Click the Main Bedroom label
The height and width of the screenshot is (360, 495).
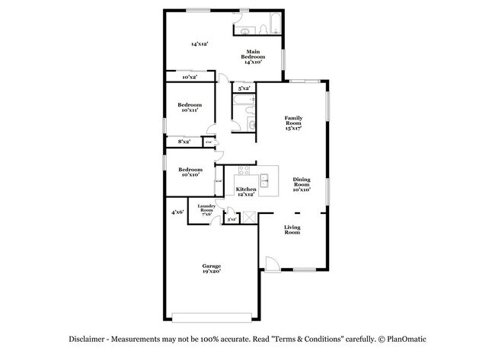click(x=253, y=57)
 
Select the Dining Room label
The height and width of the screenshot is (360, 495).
click(x=302, y=183)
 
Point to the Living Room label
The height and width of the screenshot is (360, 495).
click(x=293, y=230)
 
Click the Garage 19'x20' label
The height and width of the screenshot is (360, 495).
click(x=212, y=269)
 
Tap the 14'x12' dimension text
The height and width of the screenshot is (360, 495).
click(x=200, y=44)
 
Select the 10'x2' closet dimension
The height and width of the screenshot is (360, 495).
click(x=190, y=78)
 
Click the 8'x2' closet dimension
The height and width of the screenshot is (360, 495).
click(x=184, y=142)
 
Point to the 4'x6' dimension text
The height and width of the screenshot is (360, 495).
click(x=177, y=212)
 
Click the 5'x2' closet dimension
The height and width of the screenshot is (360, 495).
click(x=244, y=89)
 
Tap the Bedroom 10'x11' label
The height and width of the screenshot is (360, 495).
click(x=190, y=107)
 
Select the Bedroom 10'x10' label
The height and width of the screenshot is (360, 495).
click(x=190, y=172)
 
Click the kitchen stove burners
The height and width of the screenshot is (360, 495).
click(x=244, y=170)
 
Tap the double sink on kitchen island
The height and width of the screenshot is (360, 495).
click(x=265, y=181)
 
